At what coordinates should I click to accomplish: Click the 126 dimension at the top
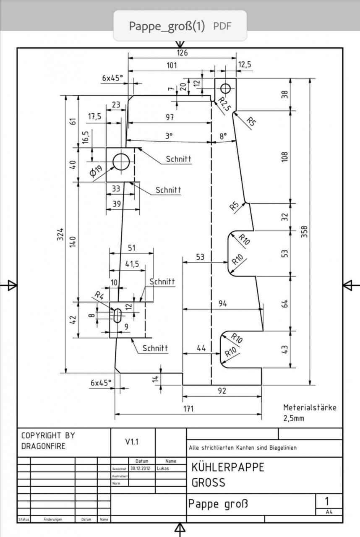coord(182,53)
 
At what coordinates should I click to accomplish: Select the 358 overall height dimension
coord(305,232)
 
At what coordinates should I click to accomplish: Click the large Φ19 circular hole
coord(121,162)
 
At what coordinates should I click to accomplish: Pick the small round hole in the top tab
coord(226,88)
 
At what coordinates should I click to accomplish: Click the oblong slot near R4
coord(118,315)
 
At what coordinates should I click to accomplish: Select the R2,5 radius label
coord(224,104)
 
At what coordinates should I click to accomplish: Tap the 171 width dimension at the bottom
coord(188,408)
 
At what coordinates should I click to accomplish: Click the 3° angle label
coord(169,136)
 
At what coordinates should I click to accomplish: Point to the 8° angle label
coord(223,136)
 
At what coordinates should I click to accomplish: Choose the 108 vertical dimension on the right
coord(285,157)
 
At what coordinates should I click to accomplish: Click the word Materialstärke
coord(310,407)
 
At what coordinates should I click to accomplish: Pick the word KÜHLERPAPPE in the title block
coord(228,467)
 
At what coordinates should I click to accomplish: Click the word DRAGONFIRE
coord(43,446)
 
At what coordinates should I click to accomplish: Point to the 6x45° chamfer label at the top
coord(112,78)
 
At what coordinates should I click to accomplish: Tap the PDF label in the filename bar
coord(222,26)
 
